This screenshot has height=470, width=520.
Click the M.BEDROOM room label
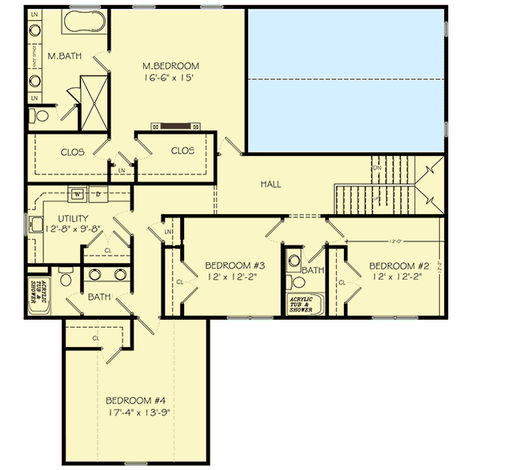coord(170,66)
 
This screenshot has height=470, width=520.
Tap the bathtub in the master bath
coord(80,23)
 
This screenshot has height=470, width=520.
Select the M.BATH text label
coord(62,57)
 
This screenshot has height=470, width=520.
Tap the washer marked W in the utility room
coord(78,193)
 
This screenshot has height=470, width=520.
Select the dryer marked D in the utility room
coord(98,193)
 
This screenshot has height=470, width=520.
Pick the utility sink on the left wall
coord(36,225)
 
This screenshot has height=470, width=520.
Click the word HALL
coord(270,185)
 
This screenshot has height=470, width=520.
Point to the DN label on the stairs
coord(377,168)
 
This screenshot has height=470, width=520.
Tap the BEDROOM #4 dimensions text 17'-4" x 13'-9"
coord(138,412)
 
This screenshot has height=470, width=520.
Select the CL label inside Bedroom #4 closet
coord(95,338)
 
